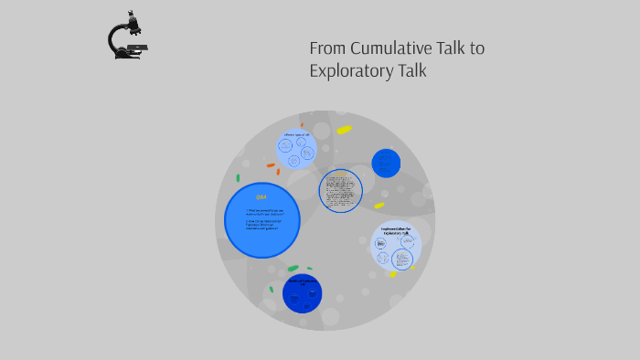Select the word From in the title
[325, 48]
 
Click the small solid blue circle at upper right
[386, 164]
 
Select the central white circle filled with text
[340, 191]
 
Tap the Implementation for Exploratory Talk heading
[396, 229]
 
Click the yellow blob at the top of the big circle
[344, 130]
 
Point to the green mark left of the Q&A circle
[238, 178]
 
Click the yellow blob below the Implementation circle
[392, 273]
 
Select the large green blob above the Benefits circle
[293, 269]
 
